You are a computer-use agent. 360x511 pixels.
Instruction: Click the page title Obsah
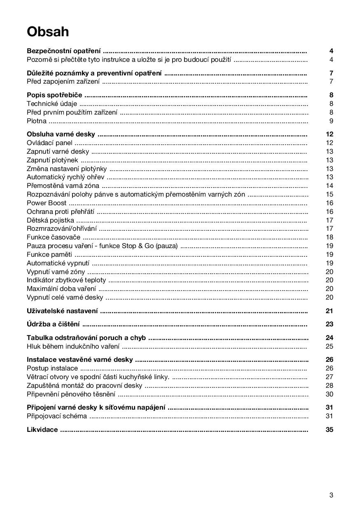[x=48, y=32]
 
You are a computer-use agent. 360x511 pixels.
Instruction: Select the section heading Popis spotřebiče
[x=54, y=95]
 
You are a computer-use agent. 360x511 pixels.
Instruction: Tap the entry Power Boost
[x=47, y=203]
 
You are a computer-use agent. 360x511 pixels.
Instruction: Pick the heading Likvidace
[x=42, y=429]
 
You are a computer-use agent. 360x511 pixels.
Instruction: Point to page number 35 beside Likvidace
[x=329, y=429]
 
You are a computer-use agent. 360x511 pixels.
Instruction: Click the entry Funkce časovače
[x=54, y=237]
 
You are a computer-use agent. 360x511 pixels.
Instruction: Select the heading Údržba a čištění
[x=53, y=324]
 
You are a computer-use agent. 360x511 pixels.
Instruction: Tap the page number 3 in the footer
[x=331, y=495]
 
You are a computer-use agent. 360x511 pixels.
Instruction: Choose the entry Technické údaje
[x=52, y=104]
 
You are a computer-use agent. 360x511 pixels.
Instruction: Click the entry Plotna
[x=37, y=121]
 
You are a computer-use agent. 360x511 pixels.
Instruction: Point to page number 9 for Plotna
[x=331, y=121]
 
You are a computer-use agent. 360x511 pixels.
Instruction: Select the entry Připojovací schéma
[x=57, y=416]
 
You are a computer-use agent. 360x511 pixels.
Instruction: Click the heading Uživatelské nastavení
[x=62, y=311]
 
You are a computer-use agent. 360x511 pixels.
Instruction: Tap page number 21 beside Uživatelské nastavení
[x=329, y=311]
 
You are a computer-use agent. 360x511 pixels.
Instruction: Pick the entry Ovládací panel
[x=49, y=143]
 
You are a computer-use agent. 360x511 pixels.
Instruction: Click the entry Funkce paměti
[x=49, y=254]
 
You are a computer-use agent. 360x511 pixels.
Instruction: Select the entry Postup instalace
[x=52, y=368]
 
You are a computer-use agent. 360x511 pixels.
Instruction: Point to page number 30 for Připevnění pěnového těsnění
[x=329, y=394]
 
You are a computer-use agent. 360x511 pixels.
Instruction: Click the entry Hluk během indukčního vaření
[x=73, y=346]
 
